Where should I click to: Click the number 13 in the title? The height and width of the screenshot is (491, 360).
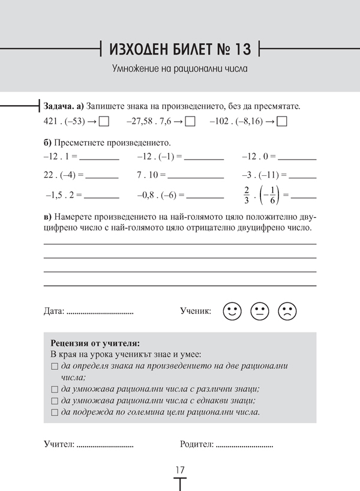tap(246, 48)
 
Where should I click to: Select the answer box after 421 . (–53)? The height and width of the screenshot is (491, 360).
tap(104, 121)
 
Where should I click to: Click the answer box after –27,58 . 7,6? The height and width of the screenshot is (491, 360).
tap(191, 121)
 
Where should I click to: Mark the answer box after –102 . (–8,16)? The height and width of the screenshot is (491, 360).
tap(283, 121)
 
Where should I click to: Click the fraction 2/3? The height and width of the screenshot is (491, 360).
tap(247, 196)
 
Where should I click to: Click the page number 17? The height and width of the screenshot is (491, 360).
tap(180, 469)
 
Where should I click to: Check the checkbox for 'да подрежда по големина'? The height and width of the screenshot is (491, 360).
tap(55, 412)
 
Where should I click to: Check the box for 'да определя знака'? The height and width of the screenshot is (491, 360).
tap(55, 366)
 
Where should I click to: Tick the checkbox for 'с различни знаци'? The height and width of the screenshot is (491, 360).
tap(55, 389)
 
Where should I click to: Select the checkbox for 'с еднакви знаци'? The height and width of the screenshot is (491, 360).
tap(55, 400)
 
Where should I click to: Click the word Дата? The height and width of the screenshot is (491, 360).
tap(53, 312)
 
